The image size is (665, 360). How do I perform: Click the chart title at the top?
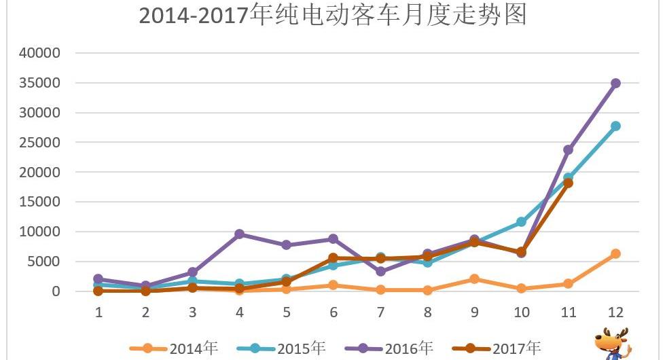click(333, 15)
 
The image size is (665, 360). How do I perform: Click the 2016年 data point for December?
click(615, 83)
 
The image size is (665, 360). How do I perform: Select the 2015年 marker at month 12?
click(615, 126)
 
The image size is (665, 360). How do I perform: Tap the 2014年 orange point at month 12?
click(615, 253)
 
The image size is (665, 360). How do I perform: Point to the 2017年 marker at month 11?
click(569, 183)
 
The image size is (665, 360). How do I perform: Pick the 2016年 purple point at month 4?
click(239, 234)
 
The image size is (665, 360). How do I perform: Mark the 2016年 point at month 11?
click(569, 149)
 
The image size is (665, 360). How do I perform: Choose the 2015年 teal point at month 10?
click(521, 221)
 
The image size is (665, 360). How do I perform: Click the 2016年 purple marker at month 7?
click(380, 271)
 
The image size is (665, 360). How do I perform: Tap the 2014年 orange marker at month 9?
click(474, 278)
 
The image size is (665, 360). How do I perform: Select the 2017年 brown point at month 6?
click(333, 258)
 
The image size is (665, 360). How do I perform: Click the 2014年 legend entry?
click(177, 348)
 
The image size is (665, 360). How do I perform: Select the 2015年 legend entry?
click(285, 348)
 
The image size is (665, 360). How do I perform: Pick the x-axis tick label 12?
click(615, 312)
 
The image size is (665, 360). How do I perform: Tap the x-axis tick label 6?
click(333, 312)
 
